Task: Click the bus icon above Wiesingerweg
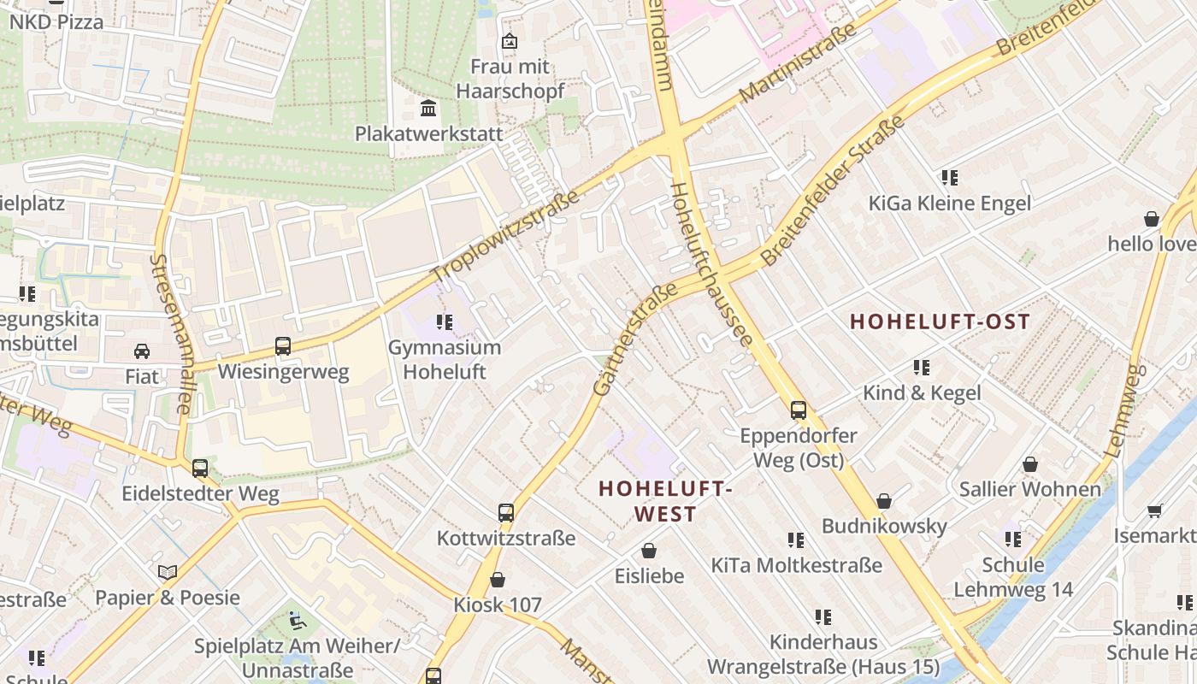(283, 346)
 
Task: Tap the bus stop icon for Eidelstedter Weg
(200, 468)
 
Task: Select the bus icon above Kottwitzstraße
(506, 512)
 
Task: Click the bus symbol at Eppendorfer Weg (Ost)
(799, 410)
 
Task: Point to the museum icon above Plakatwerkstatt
(428, 109)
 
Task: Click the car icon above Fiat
(142, 351)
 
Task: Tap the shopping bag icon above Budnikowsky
(884, 500)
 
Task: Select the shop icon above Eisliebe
(649, 550)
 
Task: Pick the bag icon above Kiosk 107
(498, 579)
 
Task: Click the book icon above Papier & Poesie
(168, 571)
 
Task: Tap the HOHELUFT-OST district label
(940, 321)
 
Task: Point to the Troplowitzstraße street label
(505, 238)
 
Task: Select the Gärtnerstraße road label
(635, 339)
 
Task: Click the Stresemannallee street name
(170, 333)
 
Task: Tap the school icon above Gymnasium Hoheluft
(444, 321)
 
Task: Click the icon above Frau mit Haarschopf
(510, 40)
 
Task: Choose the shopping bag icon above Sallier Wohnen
(1030, 464)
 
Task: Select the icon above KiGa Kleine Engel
(949, 177)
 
